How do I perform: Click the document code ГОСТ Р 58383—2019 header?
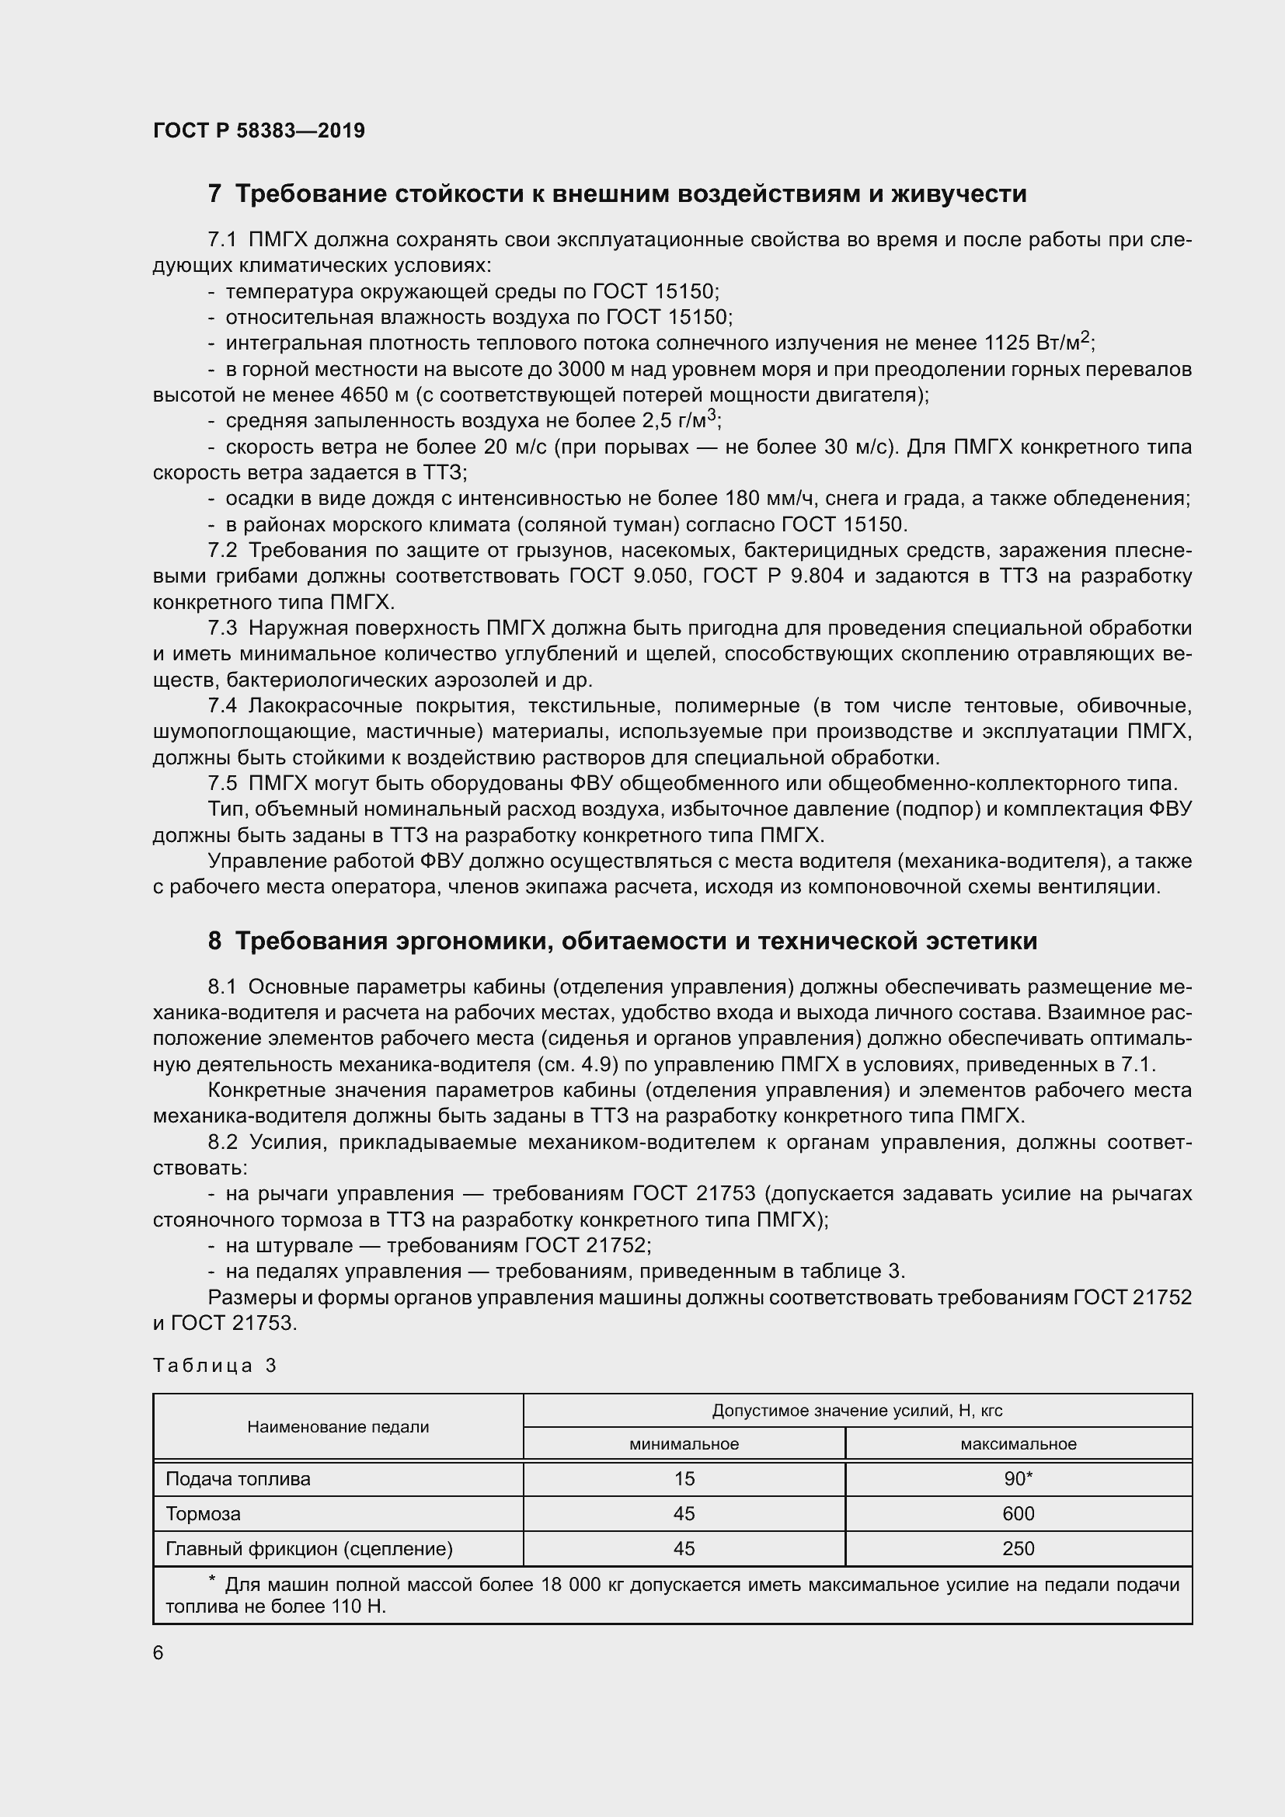(x=259, y=131)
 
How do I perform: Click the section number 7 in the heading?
(x=214, y=194)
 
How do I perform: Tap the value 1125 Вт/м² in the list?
(x=1037, y=343)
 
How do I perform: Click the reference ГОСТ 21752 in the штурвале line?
(x=585, y=1245)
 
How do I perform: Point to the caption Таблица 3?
(x=214, y=1365)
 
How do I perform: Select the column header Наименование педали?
(x=338, y=1427)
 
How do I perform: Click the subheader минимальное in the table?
(x=684, y=1443)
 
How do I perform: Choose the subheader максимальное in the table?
(x=1019, y=1443)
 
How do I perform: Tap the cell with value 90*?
(x=1019, y=1478)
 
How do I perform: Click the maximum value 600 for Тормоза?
(x=1019, y=1513)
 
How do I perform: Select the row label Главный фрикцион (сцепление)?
(x=308, y=1549)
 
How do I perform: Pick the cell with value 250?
(x=1019, y=1549)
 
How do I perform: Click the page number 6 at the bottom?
(x=158, y=1653)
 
